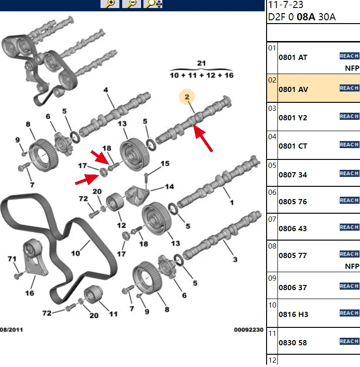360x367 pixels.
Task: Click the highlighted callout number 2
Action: (x=187, y=97)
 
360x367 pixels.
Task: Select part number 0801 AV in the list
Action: (x=293, y=90)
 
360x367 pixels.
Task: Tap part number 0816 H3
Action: (x=293, y=314)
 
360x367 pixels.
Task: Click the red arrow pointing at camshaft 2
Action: (x=203, y=138)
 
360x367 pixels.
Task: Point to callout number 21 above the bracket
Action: (x=201, y=63)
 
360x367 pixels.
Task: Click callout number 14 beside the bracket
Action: (x=169, y=186)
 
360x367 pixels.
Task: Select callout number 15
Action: (x=165, y=163)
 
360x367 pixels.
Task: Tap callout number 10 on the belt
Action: (x=75, y=253)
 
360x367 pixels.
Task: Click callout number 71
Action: (x=12, y=259)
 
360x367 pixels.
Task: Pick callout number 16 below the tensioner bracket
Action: (x=30, y=293)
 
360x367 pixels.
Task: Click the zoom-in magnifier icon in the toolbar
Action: (x=110, y=4)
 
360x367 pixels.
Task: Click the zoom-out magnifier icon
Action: (x=132, y=4)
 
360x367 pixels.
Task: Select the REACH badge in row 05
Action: (x=350, y=174)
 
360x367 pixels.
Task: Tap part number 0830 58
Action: (x=293, y=342)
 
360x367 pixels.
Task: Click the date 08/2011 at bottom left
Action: (x=11, y=330)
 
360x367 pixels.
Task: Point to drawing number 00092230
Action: (x=249, y=330)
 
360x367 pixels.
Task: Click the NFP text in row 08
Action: (x=352, y=267)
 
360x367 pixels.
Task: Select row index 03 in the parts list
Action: (x=272, y=108)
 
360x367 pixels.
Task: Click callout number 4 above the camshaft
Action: (x=106, y=90)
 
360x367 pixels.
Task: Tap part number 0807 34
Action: (x=293, y=175)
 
